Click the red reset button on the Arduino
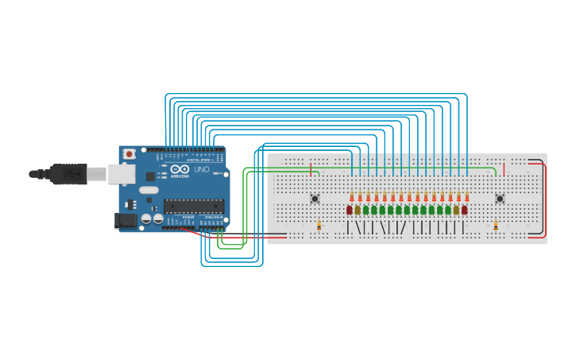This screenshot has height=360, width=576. pyautogui.click(x=129, y=154)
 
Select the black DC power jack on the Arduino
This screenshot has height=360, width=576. pyautogui.click(x=125, y=220)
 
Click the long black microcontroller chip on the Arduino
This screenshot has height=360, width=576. pyautogui.click(x=193, y=206)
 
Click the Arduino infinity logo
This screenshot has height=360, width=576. pyautogui.click(x=179, y=169)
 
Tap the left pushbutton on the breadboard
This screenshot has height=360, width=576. pyautogui.click(x=315, y=199)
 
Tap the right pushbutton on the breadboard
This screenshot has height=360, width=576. pyautogui.click(x=500, y=199)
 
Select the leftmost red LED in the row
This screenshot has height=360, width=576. pyautogui.click(x=349, y=210)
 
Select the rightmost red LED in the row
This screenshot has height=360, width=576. pyautogui.click(x=465, y=210)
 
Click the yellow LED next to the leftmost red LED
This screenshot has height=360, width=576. pyautogui.click(x=358, y=210)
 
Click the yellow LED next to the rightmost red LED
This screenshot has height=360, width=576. pyautogui.click(x=456, y=210)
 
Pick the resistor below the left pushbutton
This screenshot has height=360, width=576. pyautogui.click(x=319, y=226)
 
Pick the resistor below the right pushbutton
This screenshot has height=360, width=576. pyautogui.click(x=495, y=226)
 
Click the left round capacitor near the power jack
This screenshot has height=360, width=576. pyautogui.click(x=147, y=219)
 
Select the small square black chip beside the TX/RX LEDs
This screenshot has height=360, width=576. pyautogui.click(x=150, y=176)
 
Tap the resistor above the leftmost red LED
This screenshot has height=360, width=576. pyautogui.click(x=351, y=196)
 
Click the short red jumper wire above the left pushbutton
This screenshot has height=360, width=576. pyautogui.click(x=311, y=166)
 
